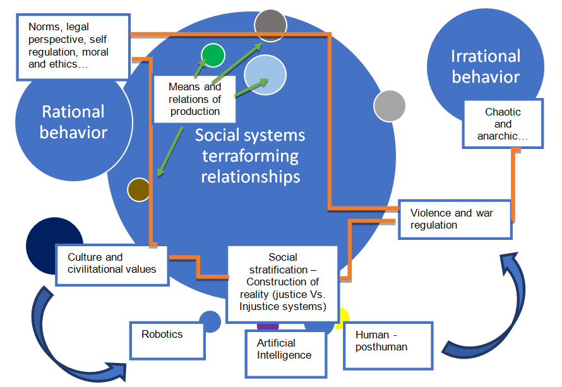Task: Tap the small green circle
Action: click(213, 56)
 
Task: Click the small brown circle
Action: click(138, 189)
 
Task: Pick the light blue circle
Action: click(266, 74)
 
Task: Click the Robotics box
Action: click(168, 340)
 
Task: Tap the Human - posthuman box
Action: click(388, 345)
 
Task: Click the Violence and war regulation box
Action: click(455, 219)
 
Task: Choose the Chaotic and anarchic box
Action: click(503, 124)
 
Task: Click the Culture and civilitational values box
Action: click(111, 265)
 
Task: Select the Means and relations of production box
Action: click(195, 98)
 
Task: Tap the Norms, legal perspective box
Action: click(73, 46)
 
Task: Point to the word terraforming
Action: click(250, 155)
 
